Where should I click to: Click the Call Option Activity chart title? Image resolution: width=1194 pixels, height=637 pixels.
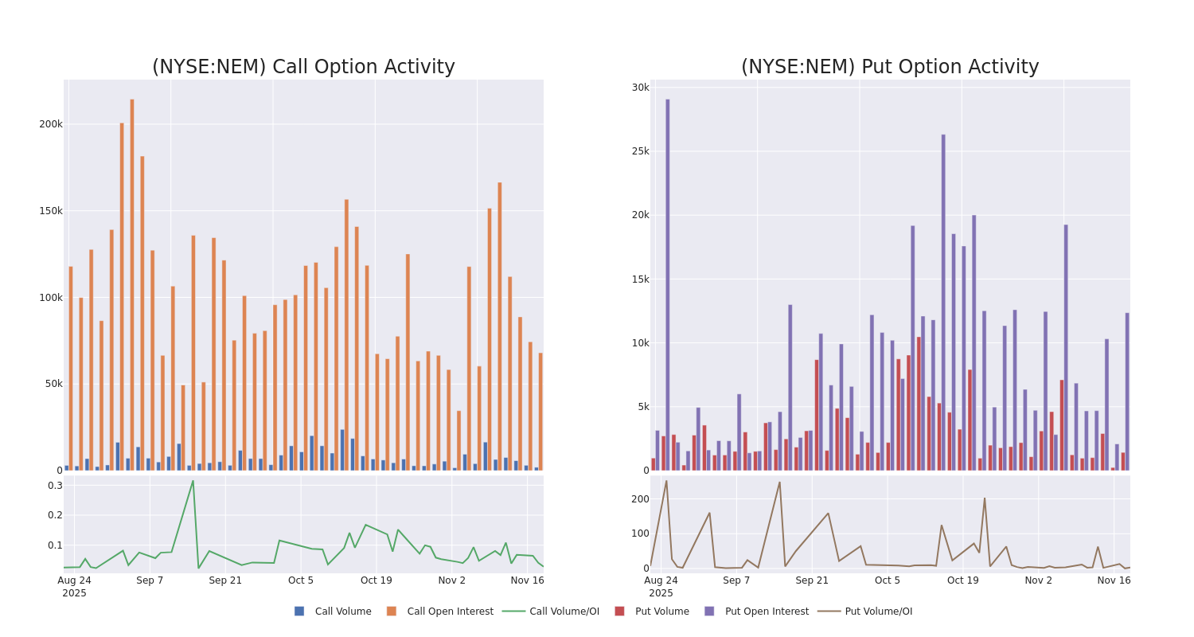point(303,67)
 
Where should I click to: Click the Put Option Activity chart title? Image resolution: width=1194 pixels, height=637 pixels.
point(889,67)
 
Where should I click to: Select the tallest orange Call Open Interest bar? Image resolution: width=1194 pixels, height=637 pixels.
point(132,284)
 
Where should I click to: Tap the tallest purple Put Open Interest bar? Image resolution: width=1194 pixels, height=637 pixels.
point(668,284)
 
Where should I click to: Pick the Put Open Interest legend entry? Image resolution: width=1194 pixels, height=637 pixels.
point(766,612)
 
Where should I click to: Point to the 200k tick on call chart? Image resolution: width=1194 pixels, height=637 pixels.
point(51,124)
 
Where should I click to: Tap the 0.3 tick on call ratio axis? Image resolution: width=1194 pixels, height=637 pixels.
point(55,486)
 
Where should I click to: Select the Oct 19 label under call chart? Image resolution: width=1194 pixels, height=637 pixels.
point(377,580)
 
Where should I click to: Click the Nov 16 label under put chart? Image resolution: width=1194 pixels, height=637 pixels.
point(1114,580)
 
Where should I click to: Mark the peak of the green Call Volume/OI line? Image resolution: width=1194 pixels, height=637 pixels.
point(193,481)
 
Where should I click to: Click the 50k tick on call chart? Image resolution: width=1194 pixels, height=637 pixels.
point(53,384)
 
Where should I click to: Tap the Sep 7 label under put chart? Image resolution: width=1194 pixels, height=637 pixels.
point(736,580)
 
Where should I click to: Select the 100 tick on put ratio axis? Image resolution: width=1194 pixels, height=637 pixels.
point(641,533)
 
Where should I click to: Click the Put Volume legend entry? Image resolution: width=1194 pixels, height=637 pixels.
point(661,612)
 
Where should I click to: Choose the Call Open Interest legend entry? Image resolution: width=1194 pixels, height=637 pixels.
point(450,612)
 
